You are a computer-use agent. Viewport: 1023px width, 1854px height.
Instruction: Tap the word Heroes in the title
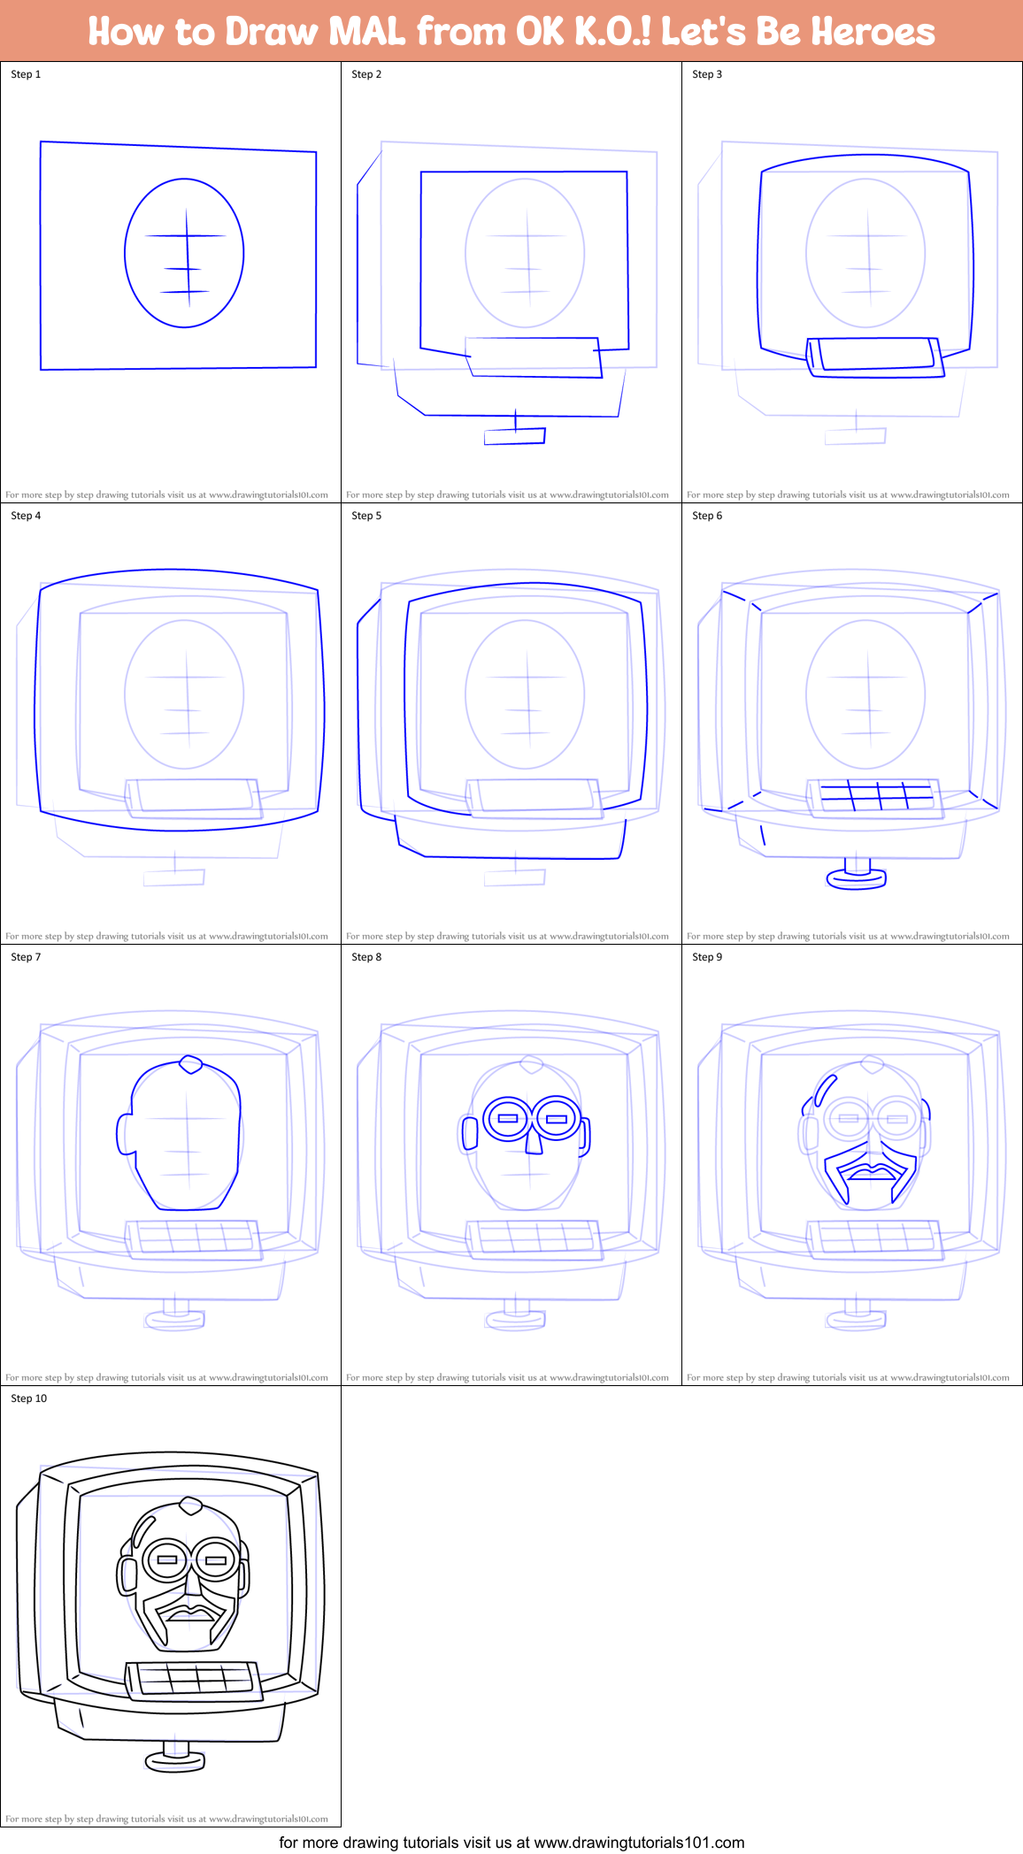point(873,32)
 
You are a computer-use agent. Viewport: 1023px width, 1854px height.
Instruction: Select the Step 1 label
point(26,74)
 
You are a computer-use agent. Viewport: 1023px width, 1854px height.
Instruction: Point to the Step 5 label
point(366,516)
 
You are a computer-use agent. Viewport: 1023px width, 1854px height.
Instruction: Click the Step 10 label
point(29,1398)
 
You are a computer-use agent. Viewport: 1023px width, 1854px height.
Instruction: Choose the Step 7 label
point(26,957)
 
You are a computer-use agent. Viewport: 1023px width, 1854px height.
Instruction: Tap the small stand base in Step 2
point(514,436)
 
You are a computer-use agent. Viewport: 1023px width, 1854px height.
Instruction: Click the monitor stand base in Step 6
point(856,878)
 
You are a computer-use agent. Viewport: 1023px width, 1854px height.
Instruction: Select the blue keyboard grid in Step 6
point(876,795)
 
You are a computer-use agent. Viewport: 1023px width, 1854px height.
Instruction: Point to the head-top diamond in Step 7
point(190,1064)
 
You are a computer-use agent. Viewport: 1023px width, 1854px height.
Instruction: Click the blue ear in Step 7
point(125,1134)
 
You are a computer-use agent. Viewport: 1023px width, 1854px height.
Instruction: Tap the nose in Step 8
point(534,1140)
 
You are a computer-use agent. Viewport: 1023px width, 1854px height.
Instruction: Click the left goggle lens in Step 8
point(508,1119)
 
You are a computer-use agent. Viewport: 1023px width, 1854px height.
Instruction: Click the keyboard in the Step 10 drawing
point(195,1679)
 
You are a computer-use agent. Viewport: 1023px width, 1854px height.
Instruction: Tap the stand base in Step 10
point(175,1762)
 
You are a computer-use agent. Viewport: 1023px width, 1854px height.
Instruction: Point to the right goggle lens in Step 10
point(216,1560)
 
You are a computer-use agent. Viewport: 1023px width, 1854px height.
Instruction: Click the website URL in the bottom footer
point(639,1843)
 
